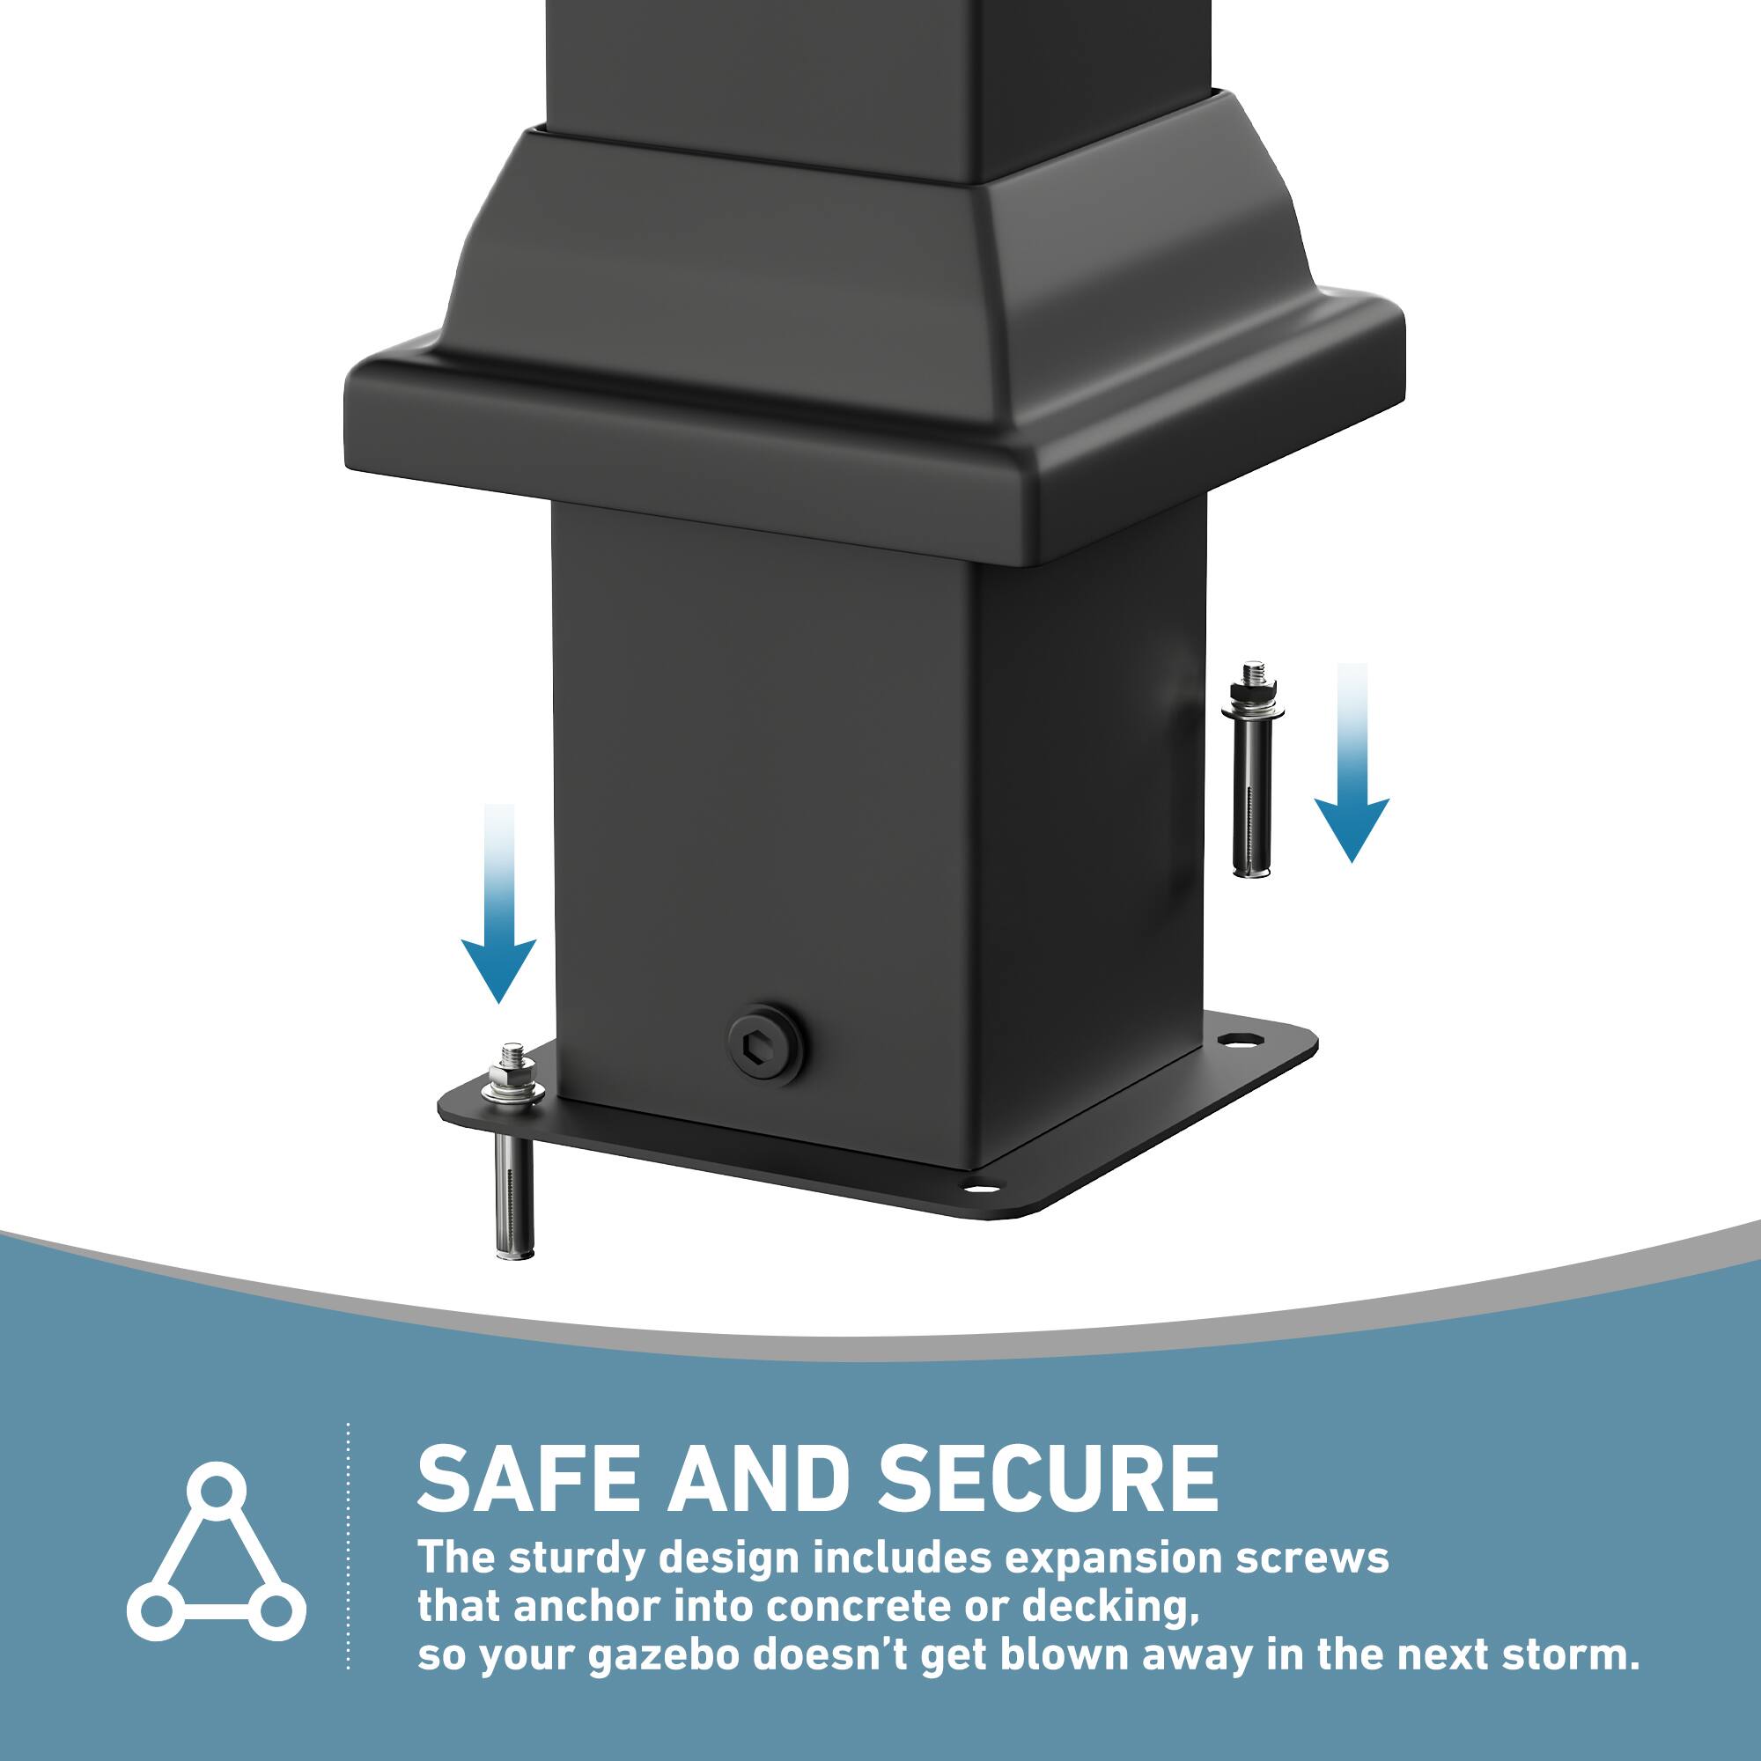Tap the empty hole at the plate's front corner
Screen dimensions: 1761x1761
point(977,1187)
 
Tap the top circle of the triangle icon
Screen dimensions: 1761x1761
point(216,1492)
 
